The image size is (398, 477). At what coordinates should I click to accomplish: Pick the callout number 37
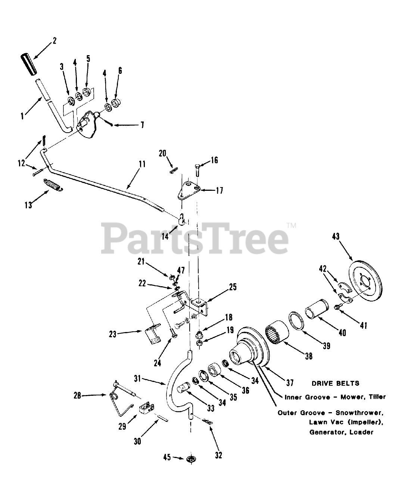290,382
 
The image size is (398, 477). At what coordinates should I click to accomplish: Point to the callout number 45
167,457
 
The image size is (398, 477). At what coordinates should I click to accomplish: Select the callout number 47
181,270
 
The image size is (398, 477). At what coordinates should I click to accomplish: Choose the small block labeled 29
147,408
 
